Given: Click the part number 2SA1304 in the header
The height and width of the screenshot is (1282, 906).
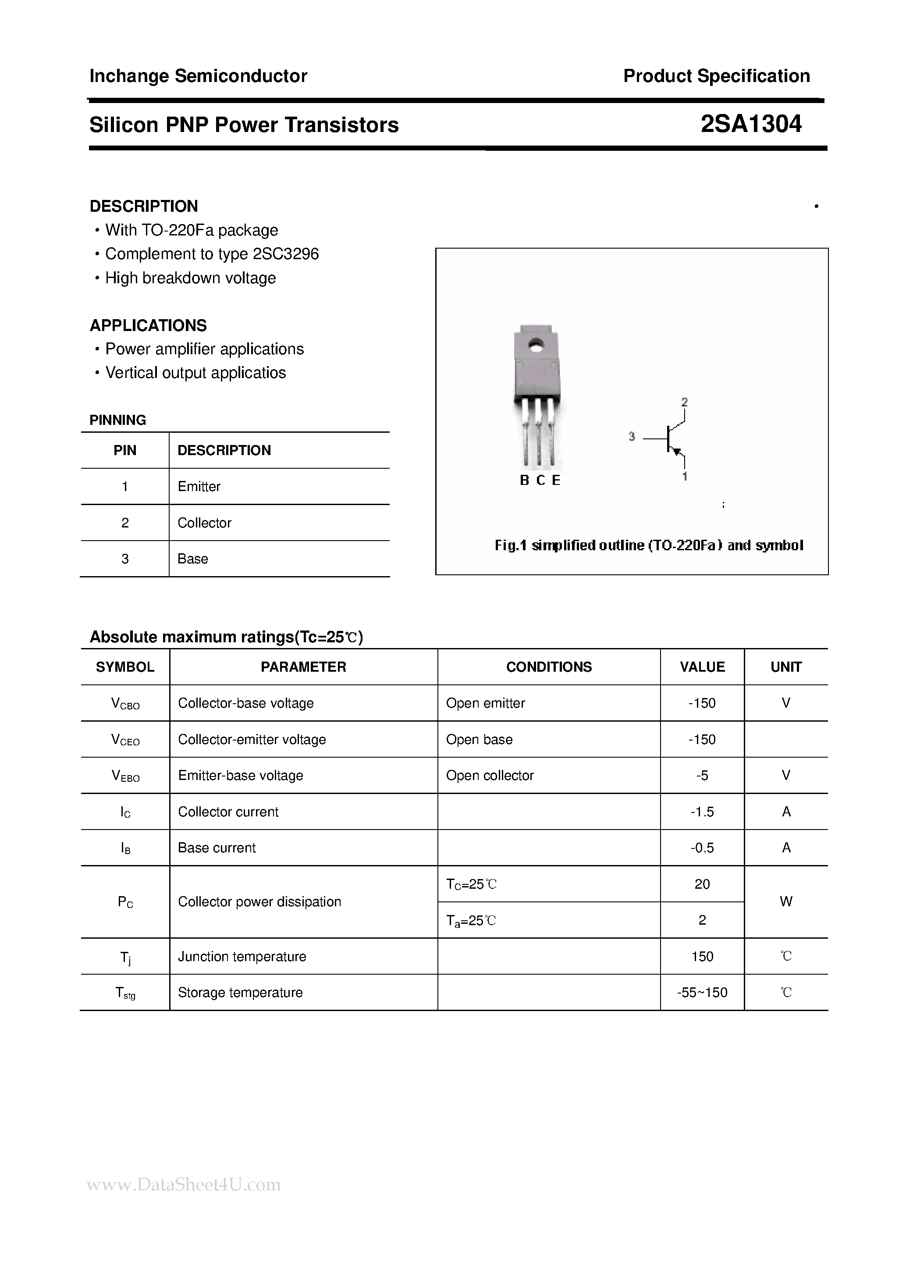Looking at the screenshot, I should [x=751, y=124].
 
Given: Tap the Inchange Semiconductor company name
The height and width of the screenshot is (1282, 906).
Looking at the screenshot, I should [x=198, y=76].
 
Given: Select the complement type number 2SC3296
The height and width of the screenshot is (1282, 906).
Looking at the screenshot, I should [x=286, y=254].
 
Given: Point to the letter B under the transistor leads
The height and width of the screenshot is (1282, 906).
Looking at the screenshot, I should [x=524, y=480].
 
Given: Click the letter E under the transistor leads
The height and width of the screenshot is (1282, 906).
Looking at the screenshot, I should [x=556, y=480].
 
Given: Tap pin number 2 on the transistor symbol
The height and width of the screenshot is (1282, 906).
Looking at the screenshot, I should [x=684, y=402].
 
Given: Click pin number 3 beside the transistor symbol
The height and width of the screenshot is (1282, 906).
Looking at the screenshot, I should [x=632, y=437].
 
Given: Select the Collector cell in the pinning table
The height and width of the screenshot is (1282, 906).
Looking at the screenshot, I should [x=204, y=523].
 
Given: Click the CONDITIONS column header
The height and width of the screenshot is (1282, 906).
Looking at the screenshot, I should [x=549, y=667].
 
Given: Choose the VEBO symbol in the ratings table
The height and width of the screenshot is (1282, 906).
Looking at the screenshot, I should [x=126, y=776].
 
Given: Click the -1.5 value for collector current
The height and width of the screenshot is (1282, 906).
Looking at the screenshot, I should [x=702, y=812].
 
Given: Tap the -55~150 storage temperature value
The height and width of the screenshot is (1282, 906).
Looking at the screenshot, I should [x=702, y=992].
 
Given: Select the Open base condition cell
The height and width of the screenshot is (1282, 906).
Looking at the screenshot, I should [x=479, y=739].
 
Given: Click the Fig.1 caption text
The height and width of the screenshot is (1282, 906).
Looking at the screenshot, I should [x=649, y=545].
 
